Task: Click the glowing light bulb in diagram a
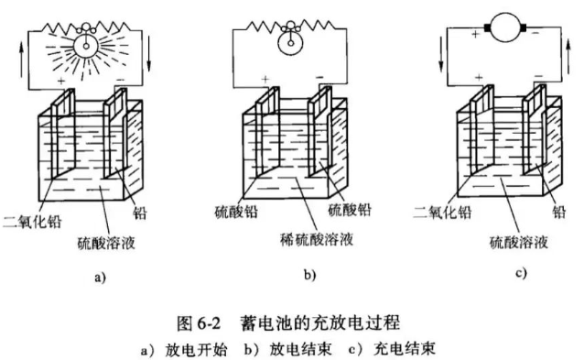point(86,46)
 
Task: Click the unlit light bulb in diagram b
point(290,43)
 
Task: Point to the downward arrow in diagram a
point(148,54)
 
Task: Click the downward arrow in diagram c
point(441,54)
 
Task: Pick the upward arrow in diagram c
point(568,57)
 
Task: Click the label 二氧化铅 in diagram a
point(32,222)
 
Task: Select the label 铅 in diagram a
point(140,213)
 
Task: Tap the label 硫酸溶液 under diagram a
point(106,243)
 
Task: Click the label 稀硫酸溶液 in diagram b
point(317,239)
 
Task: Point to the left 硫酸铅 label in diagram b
point(236,212)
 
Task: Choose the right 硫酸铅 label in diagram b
point(350,210)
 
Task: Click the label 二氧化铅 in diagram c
point(442,212)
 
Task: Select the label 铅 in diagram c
point(559,212)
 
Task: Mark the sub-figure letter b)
point(310,275)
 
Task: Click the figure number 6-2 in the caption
point(209,323)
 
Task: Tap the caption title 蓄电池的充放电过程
point(320,322)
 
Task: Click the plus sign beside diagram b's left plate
point(265,79)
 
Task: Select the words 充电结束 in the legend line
point(404,349)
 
